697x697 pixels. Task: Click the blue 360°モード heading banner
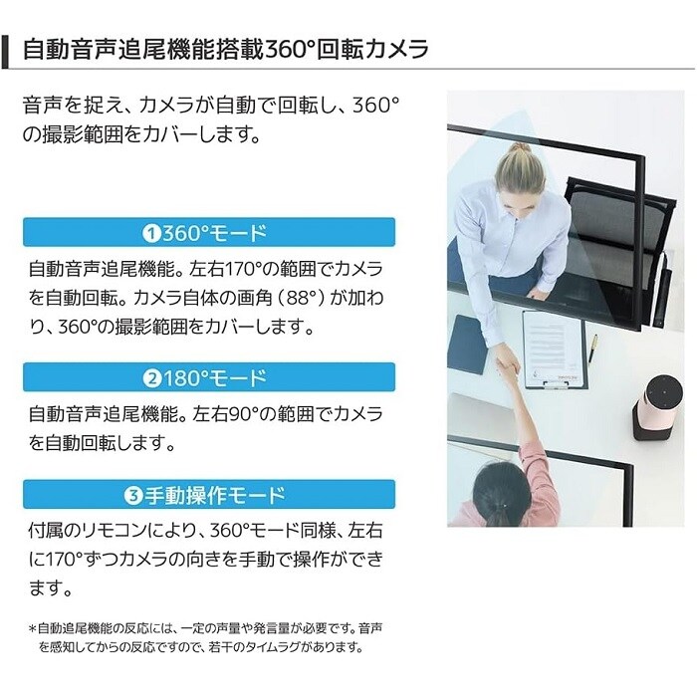(209, 232)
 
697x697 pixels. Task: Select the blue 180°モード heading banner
(209, 377)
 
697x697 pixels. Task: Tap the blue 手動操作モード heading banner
(209, 494)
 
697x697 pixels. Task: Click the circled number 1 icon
(151, 233)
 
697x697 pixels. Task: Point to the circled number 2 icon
(152, 378)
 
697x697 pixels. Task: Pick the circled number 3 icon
(132, 495)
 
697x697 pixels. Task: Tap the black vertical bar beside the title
(5, 51)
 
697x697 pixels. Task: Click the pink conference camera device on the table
(652, 407)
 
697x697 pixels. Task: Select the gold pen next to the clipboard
(593, 348)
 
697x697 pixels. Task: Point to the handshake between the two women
(507, 366)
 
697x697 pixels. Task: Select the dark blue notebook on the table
(467, 345)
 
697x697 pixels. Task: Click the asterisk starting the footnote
(32, 628)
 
